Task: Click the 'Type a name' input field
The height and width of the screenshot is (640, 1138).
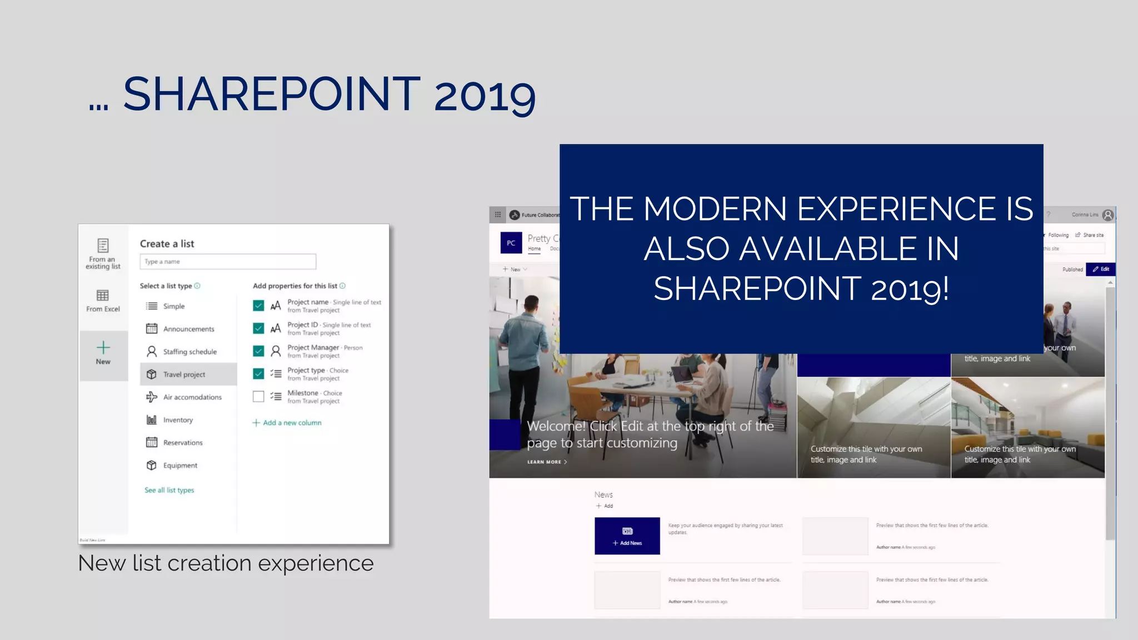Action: tap(228, 262)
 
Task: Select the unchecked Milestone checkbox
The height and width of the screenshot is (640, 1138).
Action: tap(258, 397)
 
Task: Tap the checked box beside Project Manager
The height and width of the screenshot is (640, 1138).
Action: tap(258, 351)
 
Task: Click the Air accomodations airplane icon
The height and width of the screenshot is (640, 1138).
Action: tap(151, 397)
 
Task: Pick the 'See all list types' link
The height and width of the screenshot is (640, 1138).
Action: tap(169, 490)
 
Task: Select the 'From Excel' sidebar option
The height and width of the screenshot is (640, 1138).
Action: tap(103, 301)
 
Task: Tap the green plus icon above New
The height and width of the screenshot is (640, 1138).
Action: tap(103, 348)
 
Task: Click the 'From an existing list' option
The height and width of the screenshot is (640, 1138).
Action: tap(103, 254)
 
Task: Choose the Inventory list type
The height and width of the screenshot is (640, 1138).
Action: tap(177, 420)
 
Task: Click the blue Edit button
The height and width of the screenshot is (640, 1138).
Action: tap(1100, 269)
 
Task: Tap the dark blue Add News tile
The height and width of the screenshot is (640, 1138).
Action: tap(627, 536)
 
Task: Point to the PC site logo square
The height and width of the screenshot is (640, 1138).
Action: tap(511, 243)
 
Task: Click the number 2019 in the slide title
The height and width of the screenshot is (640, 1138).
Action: tap(485, 96)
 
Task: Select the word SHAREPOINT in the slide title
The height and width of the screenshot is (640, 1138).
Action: tap(272, 94)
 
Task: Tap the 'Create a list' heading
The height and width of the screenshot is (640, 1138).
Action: tap(167, 244)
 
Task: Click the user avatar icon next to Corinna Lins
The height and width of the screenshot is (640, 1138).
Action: tap(1108, 215)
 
